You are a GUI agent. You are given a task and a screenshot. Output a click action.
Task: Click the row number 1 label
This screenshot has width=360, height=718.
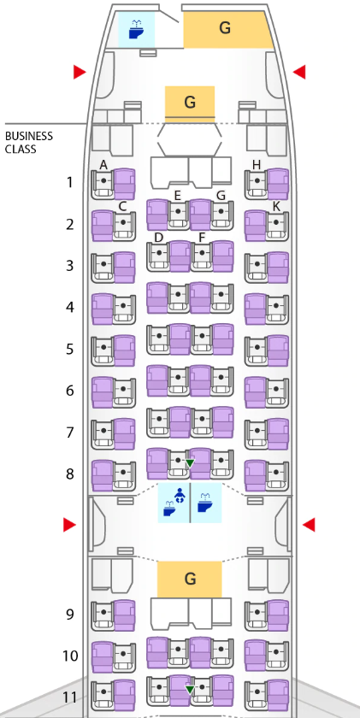[x=69, y=182]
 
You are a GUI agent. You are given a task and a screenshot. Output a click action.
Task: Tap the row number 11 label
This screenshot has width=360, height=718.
[x=69, y=697]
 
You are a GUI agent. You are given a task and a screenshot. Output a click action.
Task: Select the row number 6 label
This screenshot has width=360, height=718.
[x=69, y=391]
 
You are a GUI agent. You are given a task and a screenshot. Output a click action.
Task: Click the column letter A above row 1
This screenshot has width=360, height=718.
[x=103, y=165]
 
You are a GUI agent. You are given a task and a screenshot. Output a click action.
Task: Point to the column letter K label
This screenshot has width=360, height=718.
[x=276, y=207]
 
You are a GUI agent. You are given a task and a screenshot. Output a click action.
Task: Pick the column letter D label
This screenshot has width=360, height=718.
[x=159, y=238]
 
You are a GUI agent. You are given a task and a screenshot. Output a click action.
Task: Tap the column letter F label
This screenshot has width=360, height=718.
[x=202, y=238]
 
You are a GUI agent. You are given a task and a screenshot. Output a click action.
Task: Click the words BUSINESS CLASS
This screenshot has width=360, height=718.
[x=29, y=143]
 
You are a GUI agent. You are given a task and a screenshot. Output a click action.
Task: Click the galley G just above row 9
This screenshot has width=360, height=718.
[x=190, y=579]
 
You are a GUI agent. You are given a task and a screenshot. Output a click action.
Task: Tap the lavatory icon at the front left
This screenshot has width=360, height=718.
[x=137, y=30]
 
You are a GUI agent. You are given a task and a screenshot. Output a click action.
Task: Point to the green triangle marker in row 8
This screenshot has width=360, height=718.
[x=190, y=463]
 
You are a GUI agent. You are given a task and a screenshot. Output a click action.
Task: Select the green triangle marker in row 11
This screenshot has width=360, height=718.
[x=190, y=689]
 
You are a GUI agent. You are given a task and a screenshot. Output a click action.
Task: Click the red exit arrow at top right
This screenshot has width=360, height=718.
[x=299, y=72]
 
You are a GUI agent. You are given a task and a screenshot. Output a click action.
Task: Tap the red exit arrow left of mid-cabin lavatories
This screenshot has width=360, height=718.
[x=69, y=525]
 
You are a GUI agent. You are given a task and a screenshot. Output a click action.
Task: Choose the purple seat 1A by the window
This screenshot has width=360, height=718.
[x=125, y=184]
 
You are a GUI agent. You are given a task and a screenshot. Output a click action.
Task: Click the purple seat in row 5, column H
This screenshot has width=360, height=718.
[x=278, y=350]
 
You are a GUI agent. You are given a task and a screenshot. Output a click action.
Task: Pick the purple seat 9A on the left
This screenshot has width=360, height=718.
[x=125, y=615]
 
